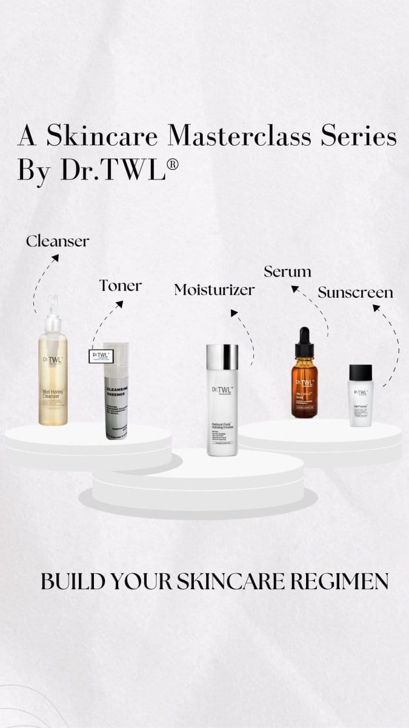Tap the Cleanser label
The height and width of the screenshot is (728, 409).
pos(58,241)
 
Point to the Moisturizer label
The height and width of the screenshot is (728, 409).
pos(214,290)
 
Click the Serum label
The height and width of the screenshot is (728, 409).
pos(288,271)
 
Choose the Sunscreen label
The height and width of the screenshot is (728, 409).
pos(355,292)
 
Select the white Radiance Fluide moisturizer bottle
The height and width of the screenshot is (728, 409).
pos(222,406)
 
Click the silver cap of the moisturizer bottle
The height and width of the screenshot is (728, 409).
pos(222,354)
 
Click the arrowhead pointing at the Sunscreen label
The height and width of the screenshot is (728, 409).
pos(376,308)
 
